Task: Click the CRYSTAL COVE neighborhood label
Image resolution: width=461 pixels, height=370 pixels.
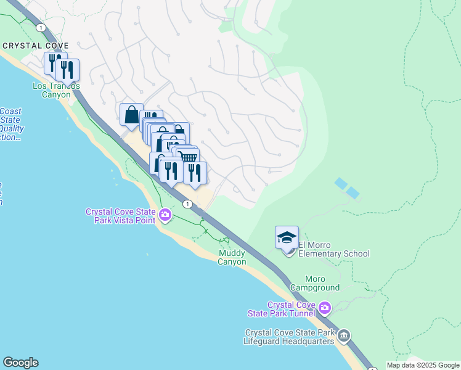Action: point(35,46)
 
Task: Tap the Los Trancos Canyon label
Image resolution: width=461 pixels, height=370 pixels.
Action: point(56,90)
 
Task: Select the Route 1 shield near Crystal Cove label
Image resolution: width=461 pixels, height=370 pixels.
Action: point(41,28)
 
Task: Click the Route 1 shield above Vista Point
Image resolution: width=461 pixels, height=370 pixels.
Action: point(187,203)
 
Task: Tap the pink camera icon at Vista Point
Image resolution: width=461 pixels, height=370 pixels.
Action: point(165,215)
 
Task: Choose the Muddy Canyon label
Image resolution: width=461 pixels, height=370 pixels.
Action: point(232,258)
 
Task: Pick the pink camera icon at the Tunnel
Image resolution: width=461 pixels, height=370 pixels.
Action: point(325,307)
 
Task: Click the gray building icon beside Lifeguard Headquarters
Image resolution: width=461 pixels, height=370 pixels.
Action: point(344,336)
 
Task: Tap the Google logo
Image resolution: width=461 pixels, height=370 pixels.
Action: point(20,363)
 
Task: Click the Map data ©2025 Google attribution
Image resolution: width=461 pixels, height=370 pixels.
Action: point(423,365)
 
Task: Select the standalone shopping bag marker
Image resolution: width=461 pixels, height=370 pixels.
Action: point(131,115)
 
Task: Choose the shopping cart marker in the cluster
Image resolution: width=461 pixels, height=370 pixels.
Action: point(188,158)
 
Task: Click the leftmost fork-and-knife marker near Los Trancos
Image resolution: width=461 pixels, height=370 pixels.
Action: point(53,64)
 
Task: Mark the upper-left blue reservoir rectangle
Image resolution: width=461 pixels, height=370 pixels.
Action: point(340,183)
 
